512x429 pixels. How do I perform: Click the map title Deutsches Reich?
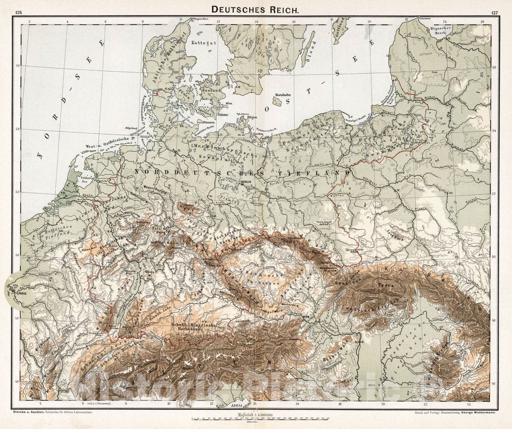[x=256, y=9]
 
